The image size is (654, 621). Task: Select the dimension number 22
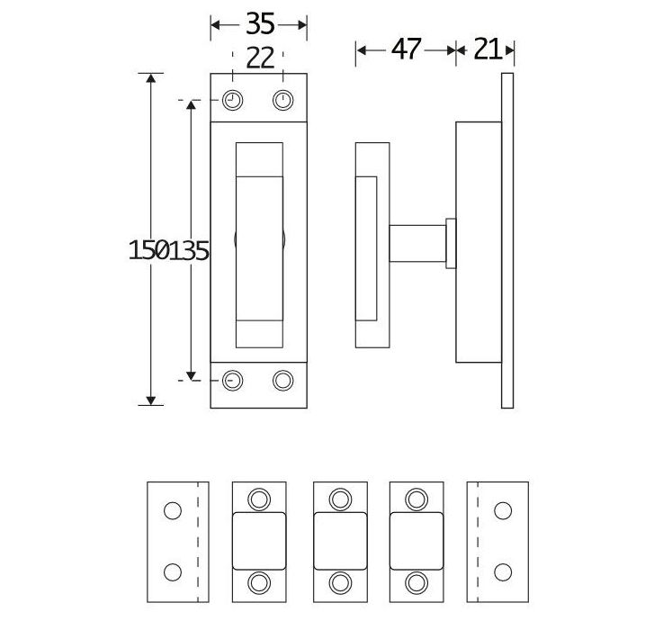[x=259, y=58]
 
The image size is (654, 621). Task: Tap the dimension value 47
[x=407, y=49]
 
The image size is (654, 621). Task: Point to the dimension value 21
[x=487, y=49]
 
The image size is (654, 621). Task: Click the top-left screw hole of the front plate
[x=233, y=99]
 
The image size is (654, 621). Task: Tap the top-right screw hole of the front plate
[x=282, y=99]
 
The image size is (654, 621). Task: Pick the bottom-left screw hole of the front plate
[x=233, y=380]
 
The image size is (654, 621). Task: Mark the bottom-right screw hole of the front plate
[x=282, y=380]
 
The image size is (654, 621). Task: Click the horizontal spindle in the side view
[x=418, y=244]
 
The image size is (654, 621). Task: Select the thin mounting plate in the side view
[x=507, y=240]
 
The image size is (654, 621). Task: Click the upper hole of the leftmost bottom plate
[x=173, y=510]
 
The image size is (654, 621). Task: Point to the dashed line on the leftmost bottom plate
[x=197, y=542]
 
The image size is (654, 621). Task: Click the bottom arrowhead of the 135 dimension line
[x=192, y=373]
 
